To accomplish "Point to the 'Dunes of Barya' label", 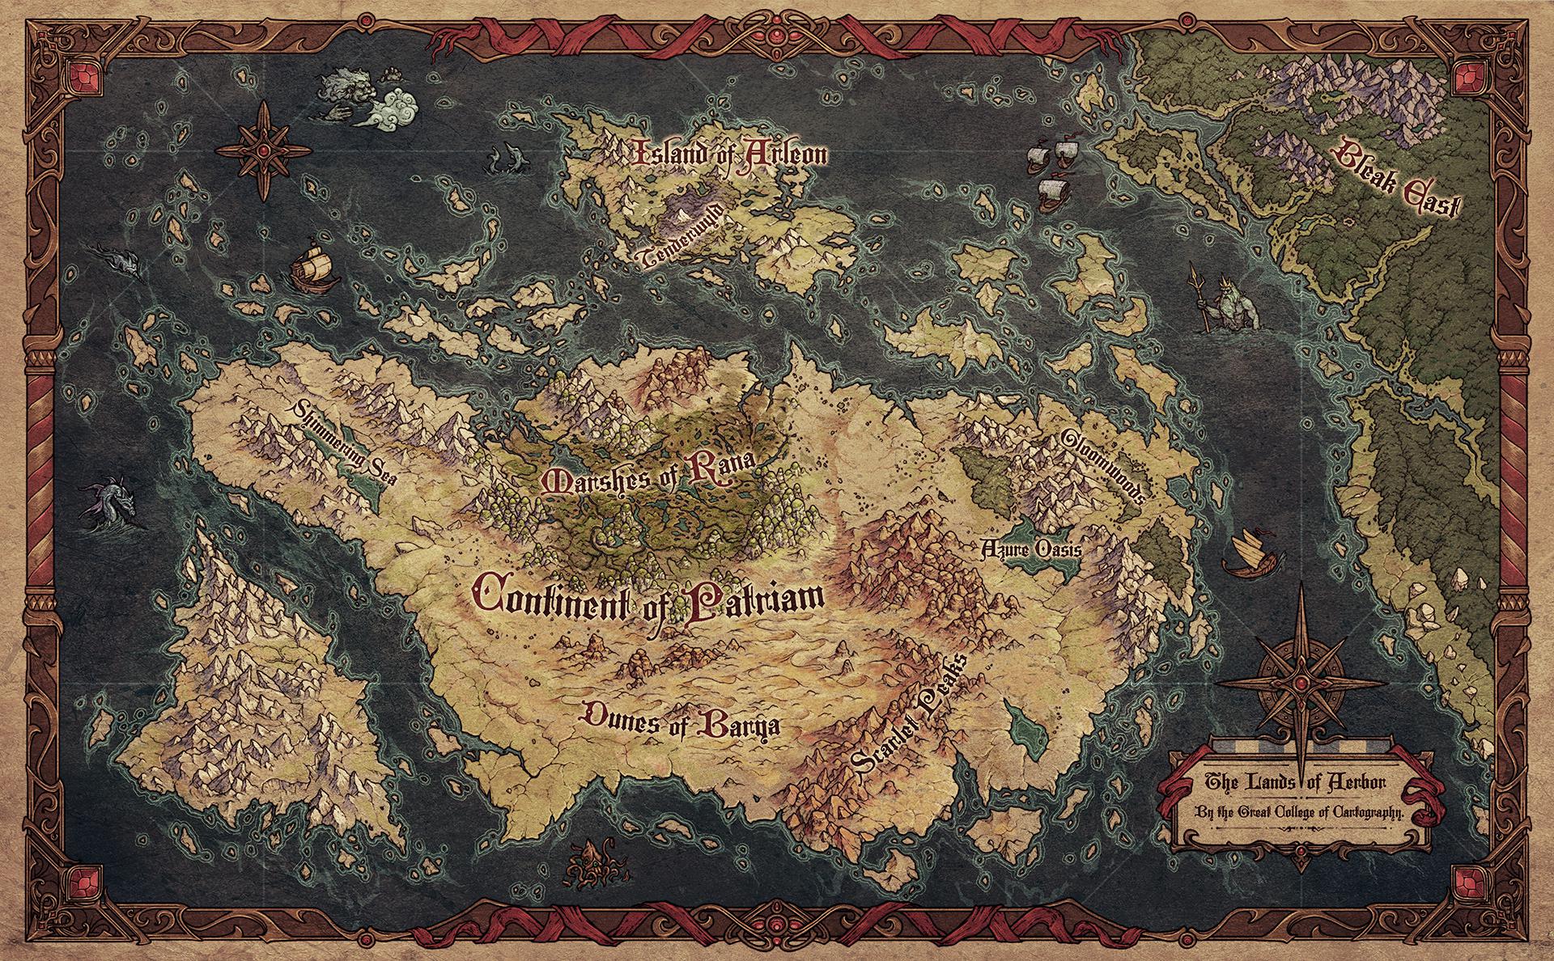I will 681,719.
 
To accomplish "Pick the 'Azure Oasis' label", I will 1030,549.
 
